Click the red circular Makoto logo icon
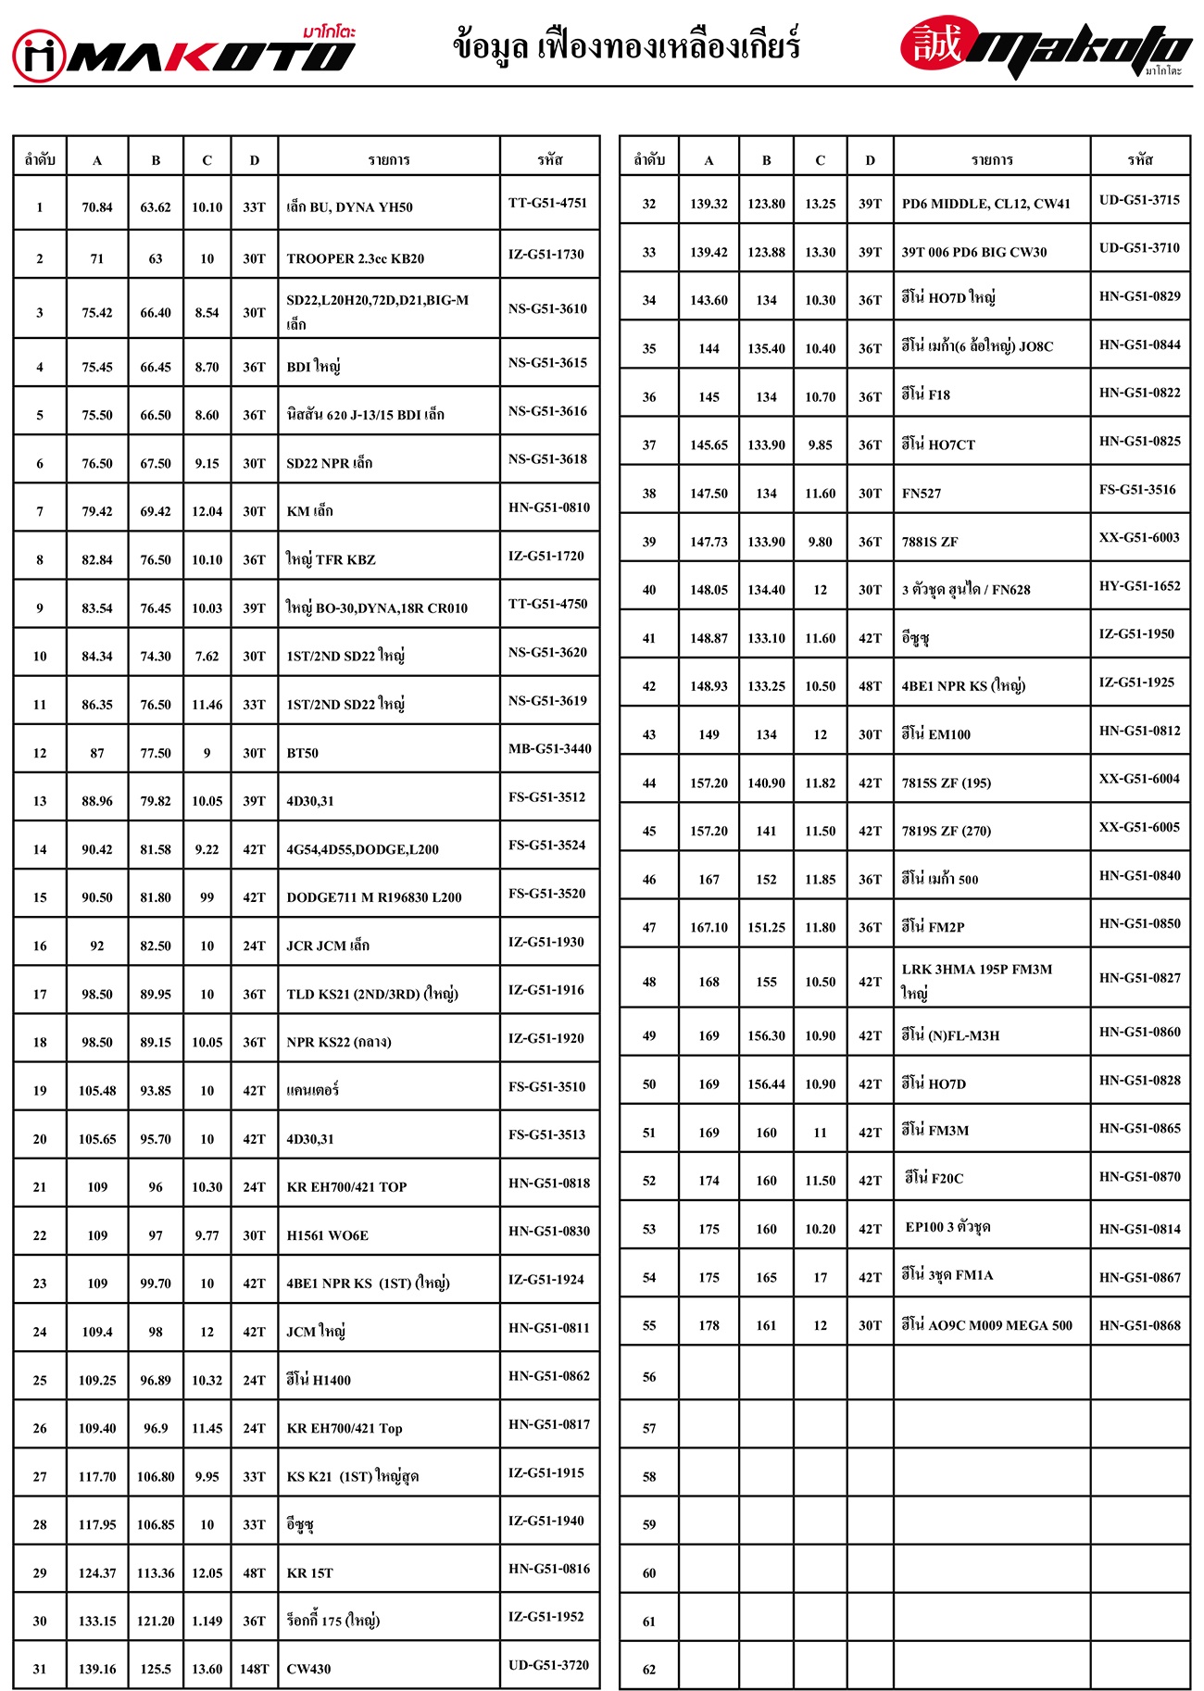[39, 56]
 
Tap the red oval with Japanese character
[938, 43]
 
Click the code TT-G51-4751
[547, 203]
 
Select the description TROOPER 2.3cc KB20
[355, 258]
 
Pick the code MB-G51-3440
[549, 748]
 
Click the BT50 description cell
[302, 753]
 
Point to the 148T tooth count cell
[254, 1669]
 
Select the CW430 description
[308, 1669]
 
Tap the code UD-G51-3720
[548, 1664]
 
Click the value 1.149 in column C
[207, 1621]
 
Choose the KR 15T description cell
[309, 1572]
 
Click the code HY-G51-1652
[1139, 585]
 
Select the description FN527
[921, 494]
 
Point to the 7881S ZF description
[930, 542]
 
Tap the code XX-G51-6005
[1139, 827]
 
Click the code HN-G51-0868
[1139, 1325]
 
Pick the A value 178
[709, 1325]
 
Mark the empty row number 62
[649, 1669]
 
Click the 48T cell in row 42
[870, 686]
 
